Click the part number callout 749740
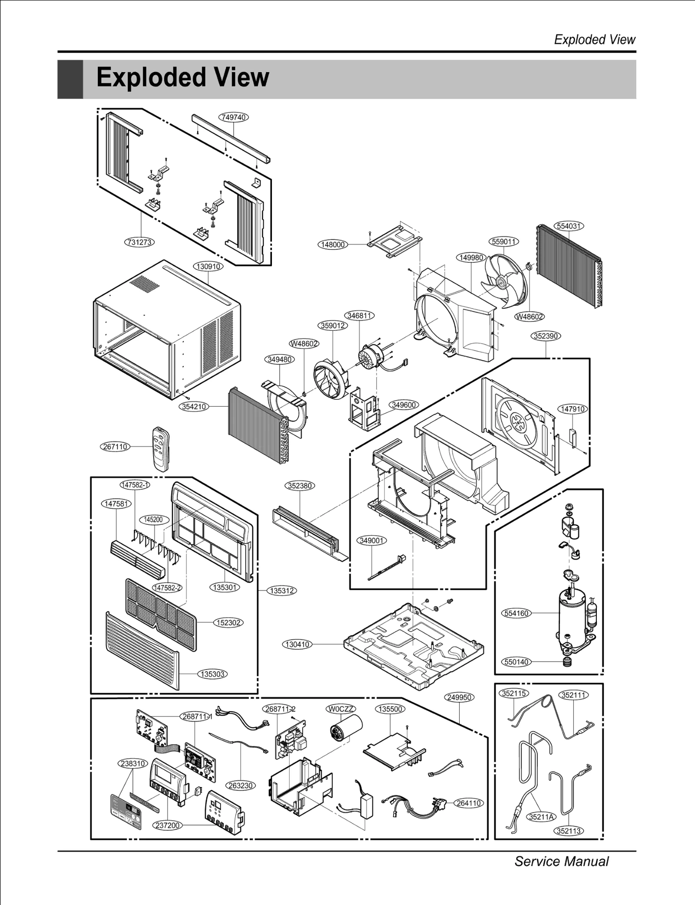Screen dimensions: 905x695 (x=233, y=117)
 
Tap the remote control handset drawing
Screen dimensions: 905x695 (x=160, y=448)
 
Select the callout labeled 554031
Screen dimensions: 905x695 (x=570, y=226)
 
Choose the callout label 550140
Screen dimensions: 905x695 (x=516, y=662)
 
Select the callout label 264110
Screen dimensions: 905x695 (x=469, y=803)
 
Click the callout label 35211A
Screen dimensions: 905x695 (x=541, y=817)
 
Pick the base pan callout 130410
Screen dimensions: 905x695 (x=298, y=644)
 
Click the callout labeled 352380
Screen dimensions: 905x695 (x=300, y=486)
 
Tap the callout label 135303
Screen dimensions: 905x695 (x=212, y=674)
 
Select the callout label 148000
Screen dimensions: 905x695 (x=333, y=245)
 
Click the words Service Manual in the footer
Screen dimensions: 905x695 (x=561, y=861)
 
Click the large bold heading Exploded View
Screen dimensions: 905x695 (x=182, y=78)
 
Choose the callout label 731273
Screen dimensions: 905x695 (x=140, y=242)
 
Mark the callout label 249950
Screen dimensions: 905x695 (x=459, y=697)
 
